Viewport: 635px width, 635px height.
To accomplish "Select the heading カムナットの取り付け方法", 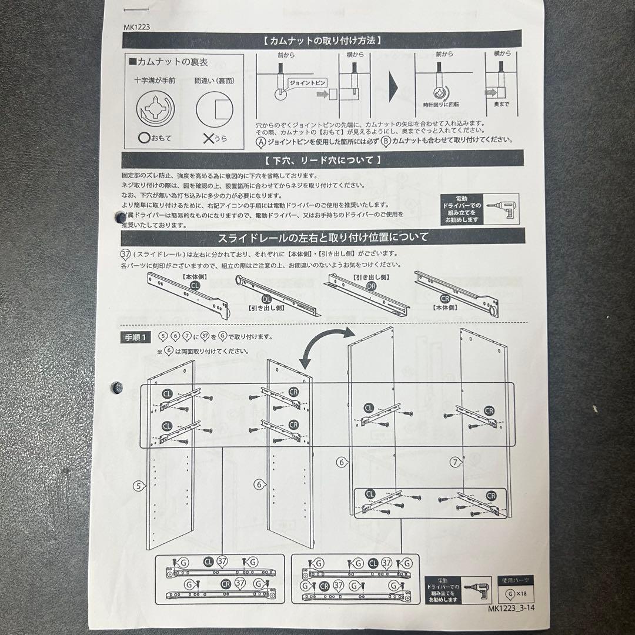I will tap(323, 41).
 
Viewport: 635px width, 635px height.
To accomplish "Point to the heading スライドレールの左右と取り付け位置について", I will tap(323, 237).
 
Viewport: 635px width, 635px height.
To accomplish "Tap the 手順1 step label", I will tap(136, 337).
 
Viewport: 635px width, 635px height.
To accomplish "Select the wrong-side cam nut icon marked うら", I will tap(214, 109).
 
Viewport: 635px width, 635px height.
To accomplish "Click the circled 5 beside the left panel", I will tap(138, 485).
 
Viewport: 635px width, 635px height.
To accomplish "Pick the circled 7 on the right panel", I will tap(455, 463).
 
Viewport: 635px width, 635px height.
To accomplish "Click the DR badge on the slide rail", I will tap(370, 286).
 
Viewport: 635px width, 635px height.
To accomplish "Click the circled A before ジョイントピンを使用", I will tap(261, 141).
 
